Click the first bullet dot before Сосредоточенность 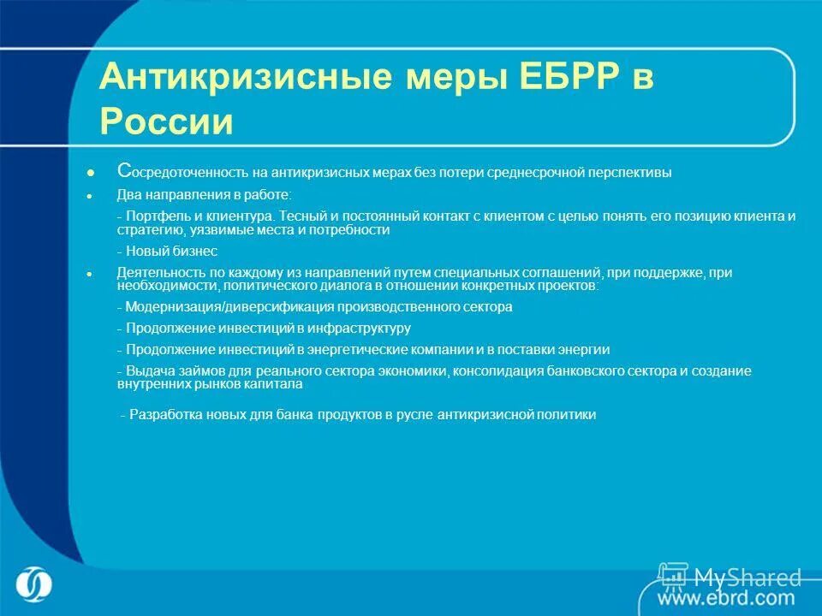tap(89, 172)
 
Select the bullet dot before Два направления tap(89, 195)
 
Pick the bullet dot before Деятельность tap(89, 273)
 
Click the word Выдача tap(148, 370)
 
